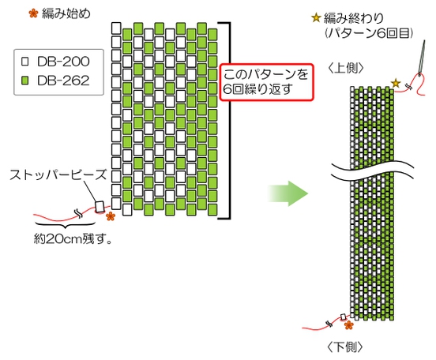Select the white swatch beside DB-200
tap(24, 61)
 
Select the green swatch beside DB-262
tap(24, 80)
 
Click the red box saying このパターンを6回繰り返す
tap(268, 81)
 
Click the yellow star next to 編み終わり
tap(317, 17)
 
